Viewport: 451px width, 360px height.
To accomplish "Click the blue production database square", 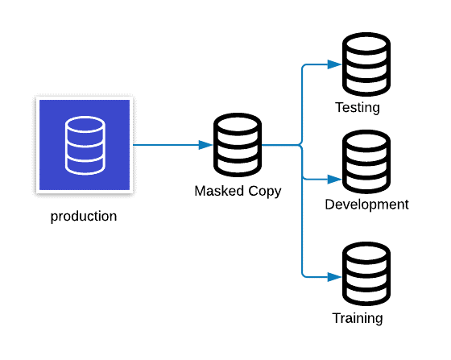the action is [85, 145].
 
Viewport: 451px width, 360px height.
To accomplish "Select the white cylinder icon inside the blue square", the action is [85, 145].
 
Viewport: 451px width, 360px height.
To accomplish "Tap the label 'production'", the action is [84, 217].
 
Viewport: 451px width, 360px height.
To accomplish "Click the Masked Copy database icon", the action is [238, 145].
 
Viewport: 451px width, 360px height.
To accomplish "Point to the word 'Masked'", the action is [219, 191].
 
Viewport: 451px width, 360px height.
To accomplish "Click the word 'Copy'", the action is [265, 192].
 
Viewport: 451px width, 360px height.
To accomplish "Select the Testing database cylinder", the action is [366, 64].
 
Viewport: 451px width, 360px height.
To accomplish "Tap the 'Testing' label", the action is [358, 108].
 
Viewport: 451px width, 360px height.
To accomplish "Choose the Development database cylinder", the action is [366, 162].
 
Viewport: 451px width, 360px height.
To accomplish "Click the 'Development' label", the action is [366, 205].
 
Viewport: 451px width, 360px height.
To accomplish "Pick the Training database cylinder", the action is [366, 274].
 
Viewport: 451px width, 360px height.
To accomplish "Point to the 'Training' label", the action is [358, 318].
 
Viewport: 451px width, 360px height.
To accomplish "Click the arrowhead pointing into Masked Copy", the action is [205, 145].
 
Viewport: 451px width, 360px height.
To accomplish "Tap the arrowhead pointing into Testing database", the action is [334, 64].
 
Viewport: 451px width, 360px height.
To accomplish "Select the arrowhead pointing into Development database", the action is [334, 180].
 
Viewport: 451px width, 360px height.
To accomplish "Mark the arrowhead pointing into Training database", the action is [334, 277].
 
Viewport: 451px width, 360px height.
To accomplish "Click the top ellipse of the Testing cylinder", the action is [366, 44].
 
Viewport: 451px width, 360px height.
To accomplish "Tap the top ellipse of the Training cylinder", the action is [366, 254].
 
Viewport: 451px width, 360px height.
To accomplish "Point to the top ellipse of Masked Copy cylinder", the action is [238, 125].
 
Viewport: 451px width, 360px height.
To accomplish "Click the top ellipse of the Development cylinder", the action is [366, 141].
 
